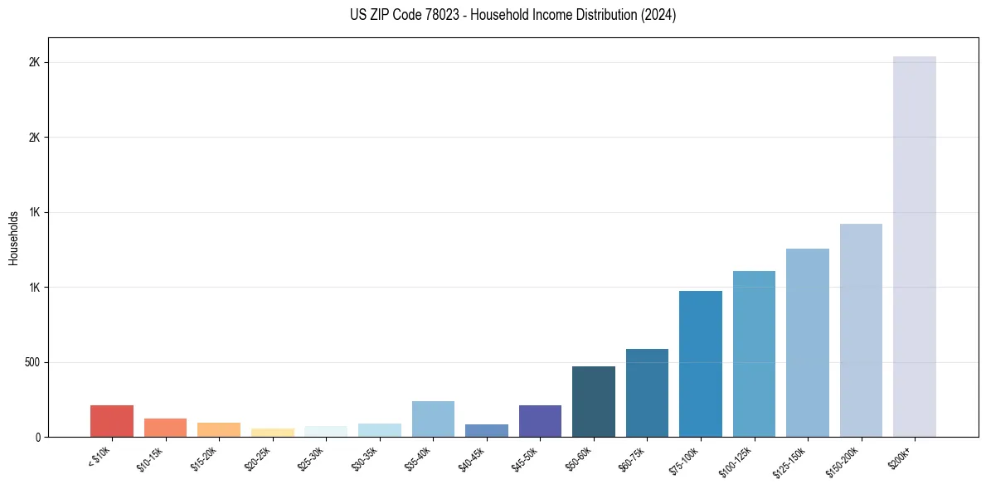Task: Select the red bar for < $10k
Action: pyautogui.click(x=112, y=421)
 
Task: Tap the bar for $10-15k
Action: pyautogui.click(x=165, y=428)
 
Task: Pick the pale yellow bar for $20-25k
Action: pyautogui.click(x=272, y=433)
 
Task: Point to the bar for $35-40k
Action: pyautogui.click(x=433, y=419)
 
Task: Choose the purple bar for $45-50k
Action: pyautogui.click(x=540, y=421)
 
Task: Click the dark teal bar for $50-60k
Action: pyautogui.click(x=594, y=402)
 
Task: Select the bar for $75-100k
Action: pyautogui.click(x=701, y=364)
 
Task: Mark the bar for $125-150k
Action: pyautogui.click(x=808, y=343)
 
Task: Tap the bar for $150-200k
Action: pyautogui.click(x=861, y=331)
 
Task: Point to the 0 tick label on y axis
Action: pyautogui.click(x=38, y=437)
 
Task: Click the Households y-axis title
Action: pyautogui.click(x=13, y=238)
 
